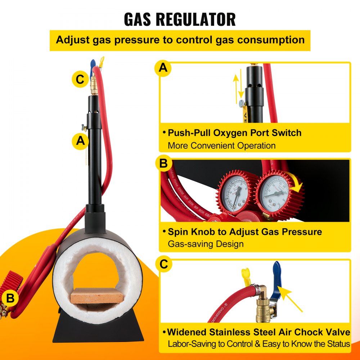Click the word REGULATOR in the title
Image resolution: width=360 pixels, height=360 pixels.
tap(196, 19)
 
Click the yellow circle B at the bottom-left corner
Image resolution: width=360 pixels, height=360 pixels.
tap(10, 298)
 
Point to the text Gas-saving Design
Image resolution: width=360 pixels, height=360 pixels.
tap(206, 244)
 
